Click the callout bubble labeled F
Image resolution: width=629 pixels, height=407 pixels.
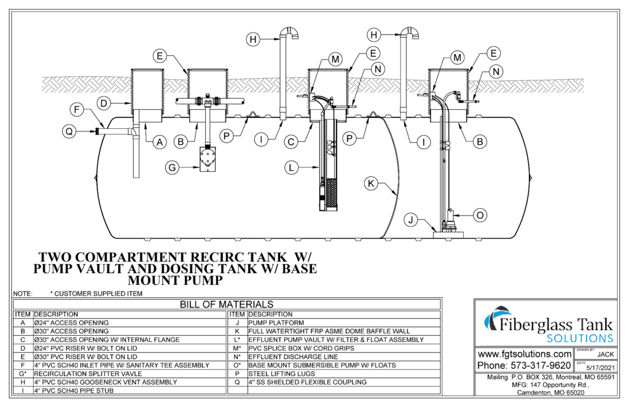77,111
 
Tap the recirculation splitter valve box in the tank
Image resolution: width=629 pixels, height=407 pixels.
208,160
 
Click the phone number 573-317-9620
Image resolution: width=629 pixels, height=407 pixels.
524,366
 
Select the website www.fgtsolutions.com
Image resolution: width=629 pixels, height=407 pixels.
524,354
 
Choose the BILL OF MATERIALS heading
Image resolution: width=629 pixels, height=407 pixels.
226,304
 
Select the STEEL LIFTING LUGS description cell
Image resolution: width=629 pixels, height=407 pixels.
277,373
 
